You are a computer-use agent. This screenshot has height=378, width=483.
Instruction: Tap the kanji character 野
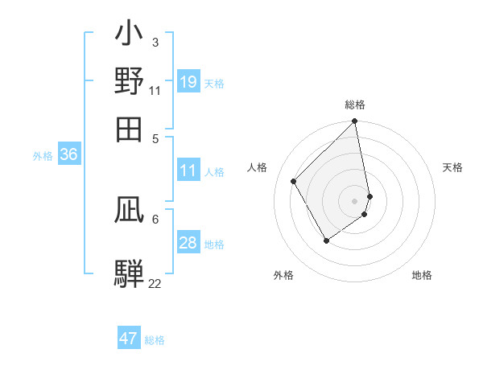[x=130, y=82]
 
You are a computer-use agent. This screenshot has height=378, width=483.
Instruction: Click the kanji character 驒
[x=130, y=272]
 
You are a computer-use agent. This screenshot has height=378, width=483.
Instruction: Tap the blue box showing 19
[x=188, y=82]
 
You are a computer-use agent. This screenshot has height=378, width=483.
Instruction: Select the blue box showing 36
[x=68, y=155]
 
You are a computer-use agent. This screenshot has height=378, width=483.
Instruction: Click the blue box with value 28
[x=188, y=243]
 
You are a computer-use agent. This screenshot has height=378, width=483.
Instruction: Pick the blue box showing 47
[x=129, y=339]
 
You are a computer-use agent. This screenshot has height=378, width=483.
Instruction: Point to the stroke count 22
[x=155, y=283]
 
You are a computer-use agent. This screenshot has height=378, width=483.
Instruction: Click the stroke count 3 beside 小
[x=155, y=41]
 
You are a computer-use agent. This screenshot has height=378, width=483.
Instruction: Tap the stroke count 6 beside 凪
[x=155, y=218]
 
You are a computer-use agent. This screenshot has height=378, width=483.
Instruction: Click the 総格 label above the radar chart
[x=355, y=105]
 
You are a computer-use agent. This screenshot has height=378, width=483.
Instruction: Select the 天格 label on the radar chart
[x=452, y=167]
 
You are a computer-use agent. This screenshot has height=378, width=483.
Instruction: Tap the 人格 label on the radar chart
[x=258, y=167]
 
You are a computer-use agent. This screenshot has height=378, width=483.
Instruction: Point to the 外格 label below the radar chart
[x=283, y=275]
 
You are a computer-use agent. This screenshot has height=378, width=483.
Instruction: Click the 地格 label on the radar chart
[x=422, y=275]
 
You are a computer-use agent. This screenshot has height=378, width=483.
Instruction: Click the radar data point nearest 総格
[x=355, y=122]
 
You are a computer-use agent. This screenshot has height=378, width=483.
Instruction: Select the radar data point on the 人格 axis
[x=294, y=181]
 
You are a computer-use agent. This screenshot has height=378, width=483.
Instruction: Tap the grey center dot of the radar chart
[x=355, y=200]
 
